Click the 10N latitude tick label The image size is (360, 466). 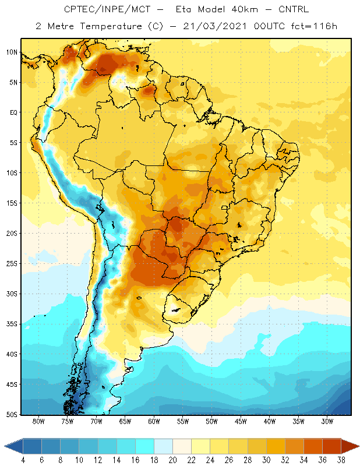click(12, 52)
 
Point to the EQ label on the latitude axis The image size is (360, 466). click(13, 112)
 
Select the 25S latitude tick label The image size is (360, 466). click(12, 264)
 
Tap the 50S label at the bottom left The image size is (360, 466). click(12, 414)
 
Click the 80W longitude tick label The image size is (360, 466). click(38, 421)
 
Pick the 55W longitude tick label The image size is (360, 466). click(183, 421)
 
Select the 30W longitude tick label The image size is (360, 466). click(327, 421)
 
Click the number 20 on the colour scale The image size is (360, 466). click(172, 460)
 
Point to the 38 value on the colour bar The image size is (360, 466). click(341, 460)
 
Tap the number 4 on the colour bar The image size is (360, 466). click(23, 460)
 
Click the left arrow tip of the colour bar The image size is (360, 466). click(5, 446)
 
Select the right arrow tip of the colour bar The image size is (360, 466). click(359, 446)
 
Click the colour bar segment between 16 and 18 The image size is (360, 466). click(145, 446)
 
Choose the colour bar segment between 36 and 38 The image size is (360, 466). click(332, 446)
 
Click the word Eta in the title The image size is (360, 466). click(183, 9)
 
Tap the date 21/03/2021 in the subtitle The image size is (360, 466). click(214, 26)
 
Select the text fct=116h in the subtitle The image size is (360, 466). click(314, 26)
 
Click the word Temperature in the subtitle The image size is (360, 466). click(111, 26)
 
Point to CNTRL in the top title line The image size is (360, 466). click(294, 9)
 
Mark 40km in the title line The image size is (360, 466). click(244, 9)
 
